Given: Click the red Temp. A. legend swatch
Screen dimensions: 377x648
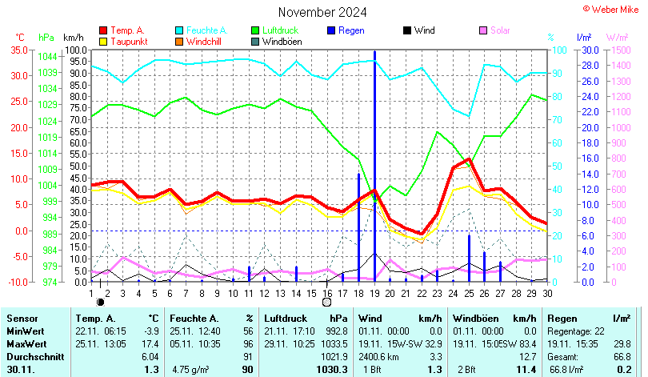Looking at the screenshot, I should [103, 30].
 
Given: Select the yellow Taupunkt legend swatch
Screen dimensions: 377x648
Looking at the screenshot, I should [103, 41].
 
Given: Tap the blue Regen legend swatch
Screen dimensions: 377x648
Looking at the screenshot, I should [330, 30].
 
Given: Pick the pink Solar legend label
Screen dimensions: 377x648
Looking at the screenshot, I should [499, 30].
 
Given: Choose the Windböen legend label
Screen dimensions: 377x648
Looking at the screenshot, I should [281, 41].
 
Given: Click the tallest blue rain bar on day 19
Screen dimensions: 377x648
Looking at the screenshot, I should [374, 160].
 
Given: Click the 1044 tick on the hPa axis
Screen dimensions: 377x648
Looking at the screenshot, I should [47, 56].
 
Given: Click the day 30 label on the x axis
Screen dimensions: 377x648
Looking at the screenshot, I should [547, 293].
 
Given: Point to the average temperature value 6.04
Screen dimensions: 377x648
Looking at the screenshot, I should [150, 356].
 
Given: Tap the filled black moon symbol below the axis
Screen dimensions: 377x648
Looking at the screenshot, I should [100, 303].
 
